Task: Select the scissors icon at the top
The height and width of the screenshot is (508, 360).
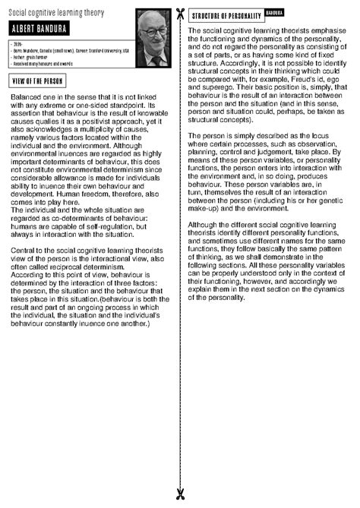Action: coord(180,14)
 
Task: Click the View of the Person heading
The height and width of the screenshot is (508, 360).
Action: coord(39,81)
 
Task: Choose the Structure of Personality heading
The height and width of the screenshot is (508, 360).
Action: coord(226,16)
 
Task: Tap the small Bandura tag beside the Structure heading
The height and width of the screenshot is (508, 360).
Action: coord(274,14)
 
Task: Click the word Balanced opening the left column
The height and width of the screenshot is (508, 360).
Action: coord(27,99)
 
